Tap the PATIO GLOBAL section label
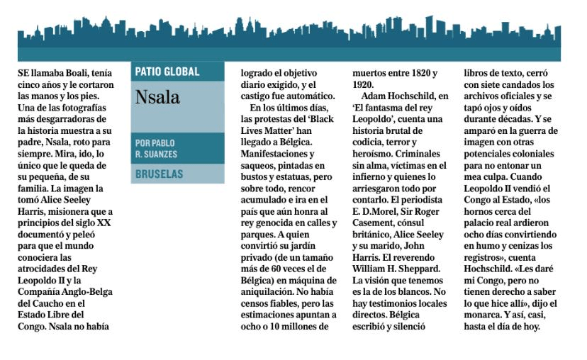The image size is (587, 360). (x=167, y=72)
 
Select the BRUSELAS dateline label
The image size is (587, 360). (x=159, y=174)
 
